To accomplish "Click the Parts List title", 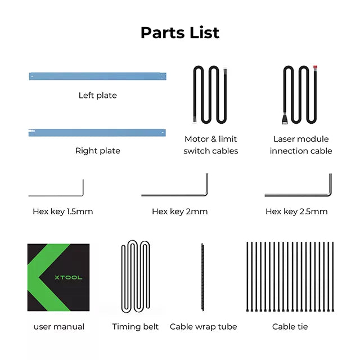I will point(180,32).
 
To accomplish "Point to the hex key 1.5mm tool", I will point(56,195).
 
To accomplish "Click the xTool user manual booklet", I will point(58,278).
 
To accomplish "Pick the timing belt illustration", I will point(135,277).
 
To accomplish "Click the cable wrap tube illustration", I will point(202,277).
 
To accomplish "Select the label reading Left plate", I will point(98,96).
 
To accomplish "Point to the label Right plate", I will point(98,151).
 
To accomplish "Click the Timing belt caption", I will point(136,327).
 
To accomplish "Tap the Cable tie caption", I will point(290,327).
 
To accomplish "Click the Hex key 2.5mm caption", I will point(296,212).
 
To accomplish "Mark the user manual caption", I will point(59,327).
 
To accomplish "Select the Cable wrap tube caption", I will point(204,327).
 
